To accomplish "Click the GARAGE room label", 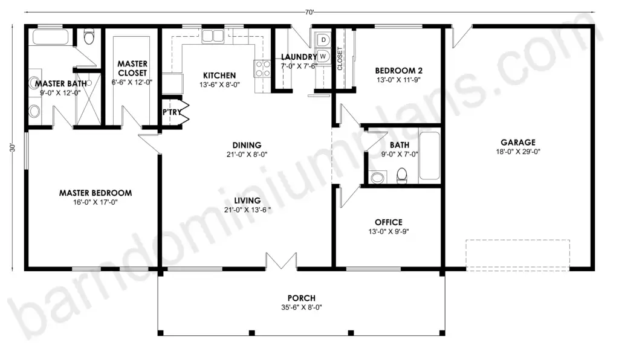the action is [x=518, y=143].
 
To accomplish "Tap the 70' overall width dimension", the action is [x=309, y=12].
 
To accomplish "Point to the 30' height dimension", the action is [x=12, y=148].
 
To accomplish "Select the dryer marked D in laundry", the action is [x=323, y=40].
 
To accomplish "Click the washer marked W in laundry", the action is [x=323, y=56].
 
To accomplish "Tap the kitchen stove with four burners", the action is [x=262, y=68].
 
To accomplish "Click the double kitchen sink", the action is [x=213, y=36].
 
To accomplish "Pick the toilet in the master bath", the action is [x=89, y=36].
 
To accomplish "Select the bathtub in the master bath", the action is [x=51, y=37].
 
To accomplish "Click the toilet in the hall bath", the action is [x=401, y=176].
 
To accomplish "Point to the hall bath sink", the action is [x=377, y=178].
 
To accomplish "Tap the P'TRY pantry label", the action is [x=172, y=112].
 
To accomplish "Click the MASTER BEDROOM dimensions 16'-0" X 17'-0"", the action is [x=96, y=203].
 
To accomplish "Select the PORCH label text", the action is [x=302, y=298].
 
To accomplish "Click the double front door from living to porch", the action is [x=281, y=261].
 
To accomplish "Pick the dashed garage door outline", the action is [x=517, y=255].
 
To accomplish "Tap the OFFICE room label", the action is [x=389, y=222].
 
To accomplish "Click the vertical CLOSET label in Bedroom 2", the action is [x=340, y=59].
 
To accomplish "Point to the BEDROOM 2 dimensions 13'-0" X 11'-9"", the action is [x=398, y=80].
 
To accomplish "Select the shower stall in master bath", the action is [x=88, y=98].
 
